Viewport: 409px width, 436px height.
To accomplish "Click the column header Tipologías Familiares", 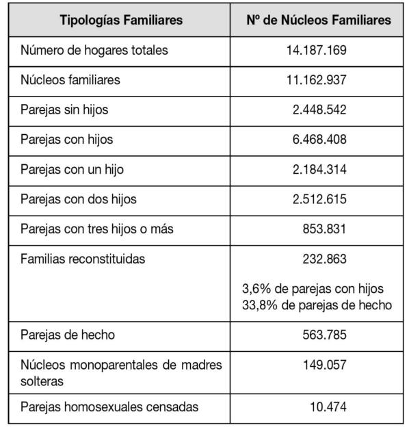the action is pos(121,21).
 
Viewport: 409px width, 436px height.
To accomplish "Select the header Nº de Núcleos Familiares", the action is pos(318,21).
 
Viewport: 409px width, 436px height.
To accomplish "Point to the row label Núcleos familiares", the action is pos(70,80).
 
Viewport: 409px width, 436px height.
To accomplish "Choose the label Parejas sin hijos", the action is pos(64,110).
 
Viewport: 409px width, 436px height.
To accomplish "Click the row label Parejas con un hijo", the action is pos(72,169).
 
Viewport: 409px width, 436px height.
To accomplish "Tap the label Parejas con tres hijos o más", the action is pos(96,229).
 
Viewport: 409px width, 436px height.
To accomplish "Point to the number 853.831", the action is pos(324,229).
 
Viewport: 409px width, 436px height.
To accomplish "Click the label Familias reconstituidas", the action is pos(83,259).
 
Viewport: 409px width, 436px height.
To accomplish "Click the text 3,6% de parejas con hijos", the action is pos(313,288).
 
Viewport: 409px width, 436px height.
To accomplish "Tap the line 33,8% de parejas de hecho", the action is pos(317,305).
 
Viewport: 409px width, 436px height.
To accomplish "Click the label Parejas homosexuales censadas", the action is pos(109,407).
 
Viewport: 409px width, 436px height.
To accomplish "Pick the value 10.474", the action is pos(328,407).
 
